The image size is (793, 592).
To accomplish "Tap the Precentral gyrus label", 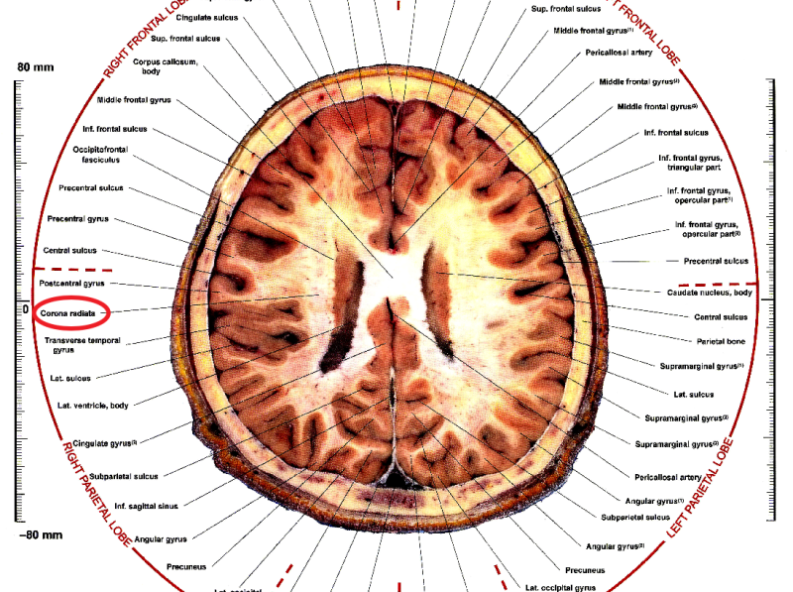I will [77, 218].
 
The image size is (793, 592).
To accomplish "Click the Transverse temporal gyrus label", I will [85, 345].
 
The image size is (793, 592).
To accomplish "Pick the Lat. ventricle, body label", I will [92, 406].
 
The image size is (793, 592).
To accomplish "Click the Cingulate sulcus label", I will [204, 18].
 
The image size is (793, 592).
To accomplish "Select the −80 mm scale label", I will [40, 534].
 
